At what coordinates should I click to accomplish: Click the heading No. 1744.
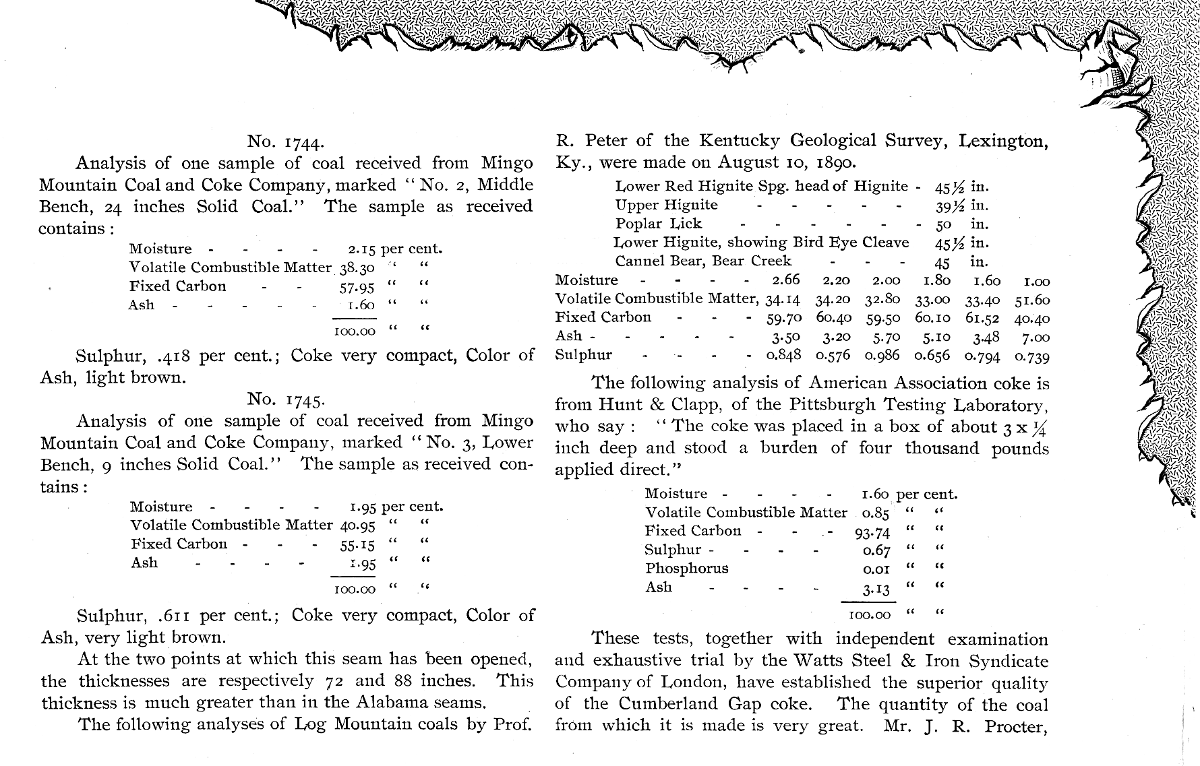pyautogui.click(x=286, y=141)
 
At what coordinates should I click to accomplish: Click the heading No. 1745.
pyautogui.click(x=286, y=400)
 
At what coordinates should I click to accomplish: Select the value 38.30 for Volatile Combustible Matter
pyautogui.click(x=357, y=268)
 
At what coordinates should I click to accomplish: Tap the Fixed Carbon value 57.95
pyautogui.click(x=357, y=288)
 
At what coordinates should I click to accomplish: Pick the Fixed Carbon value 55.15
pyautogui.click(x=357, y=546)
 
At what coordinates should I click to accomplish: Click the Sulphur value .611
pyautogui.click(x=176, y=615)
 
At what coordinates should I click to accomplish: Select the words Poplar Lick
pyautogui.click(x=658, y=224)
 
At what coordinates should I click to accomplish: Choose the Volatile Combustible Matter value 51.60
pyautogui.click(x=1032, y=300)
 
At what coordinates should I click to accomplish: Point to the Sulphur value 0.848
pyautogui.click(x=783, y=356)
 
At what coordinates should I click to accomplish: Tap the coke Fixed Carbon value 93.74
pyautogui.click(x=872, y=533)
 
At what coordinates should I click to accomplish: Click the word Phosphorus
pyautogui.click(x=686, y=568)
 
